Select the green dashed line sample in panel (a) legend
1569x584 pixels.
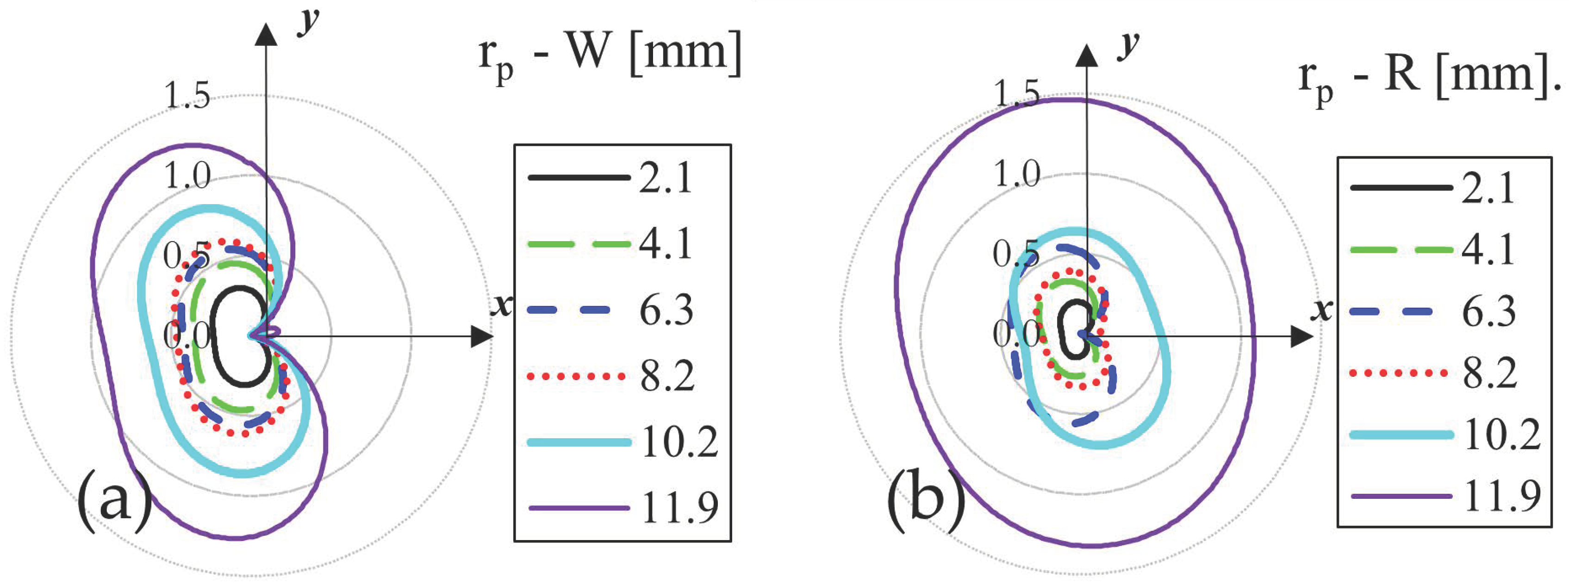coord(579,244)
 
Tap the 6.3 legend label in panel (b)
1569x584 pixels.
coord(1488,312)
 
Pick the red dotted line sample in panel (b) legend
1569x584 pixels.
coord(1399,373)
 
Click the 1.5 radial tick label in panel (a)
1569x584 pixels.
coord(187,96)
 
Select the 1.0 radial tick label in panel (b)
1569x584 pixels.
coord(1016,174)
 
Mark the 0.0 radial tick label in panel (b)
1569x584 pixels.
coord(1015,334)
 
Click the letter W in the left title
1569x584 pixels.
coord(588,52)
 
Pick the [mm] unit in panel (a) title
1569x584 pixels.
coord(685,54)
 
